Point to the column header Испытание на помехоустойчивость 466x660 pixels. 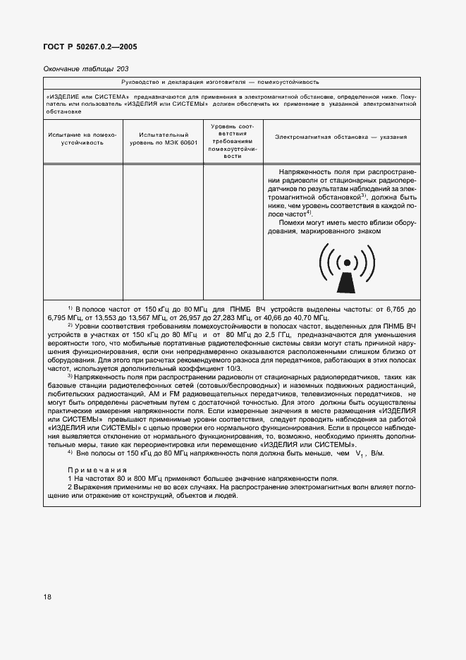(82, 138)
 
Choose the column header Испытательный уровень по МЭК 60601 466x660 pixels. (164, 138)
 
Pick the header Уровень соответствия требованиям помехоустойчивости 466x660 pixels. (233, 141)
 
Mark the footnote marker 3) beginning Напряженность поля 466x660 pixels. (70, 376)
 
